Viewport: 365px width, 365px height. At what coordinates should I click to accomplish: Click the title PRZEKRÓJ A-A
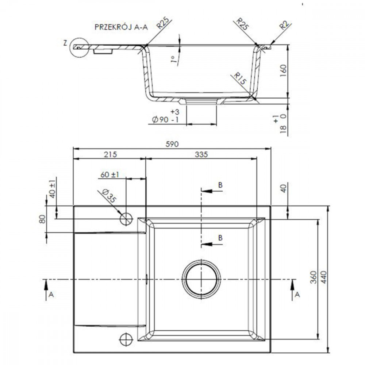point(121,27)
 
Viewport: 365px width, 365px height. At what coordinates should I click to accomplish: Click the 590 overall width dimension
point(172,144)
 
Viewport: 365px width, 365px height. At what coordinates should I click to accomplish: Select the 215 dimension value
point(110,154)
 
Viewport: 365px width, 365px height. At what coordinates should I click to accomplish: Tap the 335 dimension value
point(201,154)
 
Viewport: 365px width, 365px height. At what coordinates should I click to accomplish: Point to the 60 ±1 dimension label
point(109,174)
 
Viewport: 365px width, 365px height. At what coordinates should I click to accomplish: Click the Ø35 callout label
point(109,196)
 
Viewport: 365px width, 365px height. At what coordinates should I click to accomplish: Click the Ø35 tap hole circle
point(126,219)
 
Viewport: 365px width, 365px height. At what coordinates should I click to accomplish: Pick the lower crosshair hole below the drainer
point(126,339)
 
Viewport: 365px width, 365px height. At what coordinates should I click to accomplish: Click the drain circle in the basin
point(201,279)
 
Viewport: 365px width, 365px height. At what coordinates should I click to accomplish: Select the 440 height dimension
point(324,277)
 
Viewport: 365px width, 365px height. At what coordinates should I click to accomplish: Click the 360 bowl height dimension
point(314,277)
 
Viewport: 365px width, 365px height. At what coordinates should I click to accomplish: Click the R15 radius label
point(240,78)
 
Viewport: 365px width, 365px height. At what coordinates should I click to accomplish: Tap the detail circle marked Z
point(79,47)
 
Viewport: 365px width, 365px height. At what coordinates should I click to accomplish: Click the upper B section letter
point(220,185)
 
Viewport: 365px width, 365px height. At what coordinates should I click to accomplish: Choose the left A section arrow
point(46,290)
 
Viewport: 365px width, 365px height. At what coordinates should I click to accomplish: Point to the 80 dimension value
point(42,219)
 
